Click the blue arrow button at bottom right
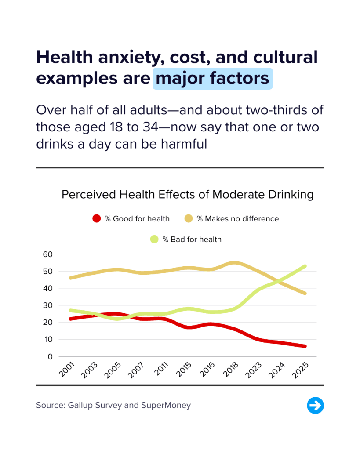[315, 405]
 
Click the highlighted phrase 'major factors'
[212, 79]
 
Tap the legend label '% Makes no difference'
[237, 218]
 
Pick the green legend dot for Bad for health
[154, 240]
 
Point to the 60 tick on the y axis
[47, 254]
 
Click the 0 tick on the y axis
[50, 356]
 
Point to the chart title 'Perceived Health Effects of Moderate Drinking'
[187, 195]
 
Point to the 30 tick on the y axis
[47, 305]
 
